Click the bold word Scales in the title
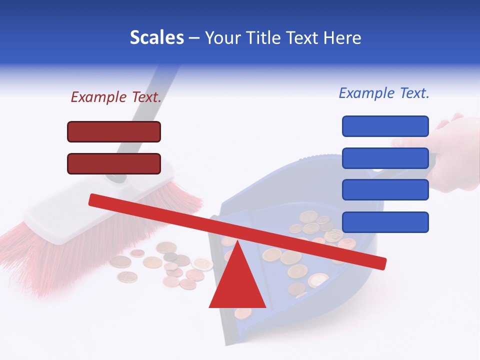click(x=156, y=37)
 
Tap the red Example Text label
click(x=116, y=97)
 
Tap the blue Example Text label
click(x=384, y=93)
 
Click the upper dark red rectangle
click(x=114, y=132)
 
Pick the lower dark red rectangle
click(x=114, y=164)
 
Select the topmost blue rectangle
click(x=385, y=126)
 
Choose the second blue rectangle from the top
click(x=385, y=158)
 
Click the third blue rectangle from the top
click(x=385, y=190)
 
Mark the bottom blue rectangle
click(x=385, y=222)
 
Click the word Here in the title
click(x=342, y=37)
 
